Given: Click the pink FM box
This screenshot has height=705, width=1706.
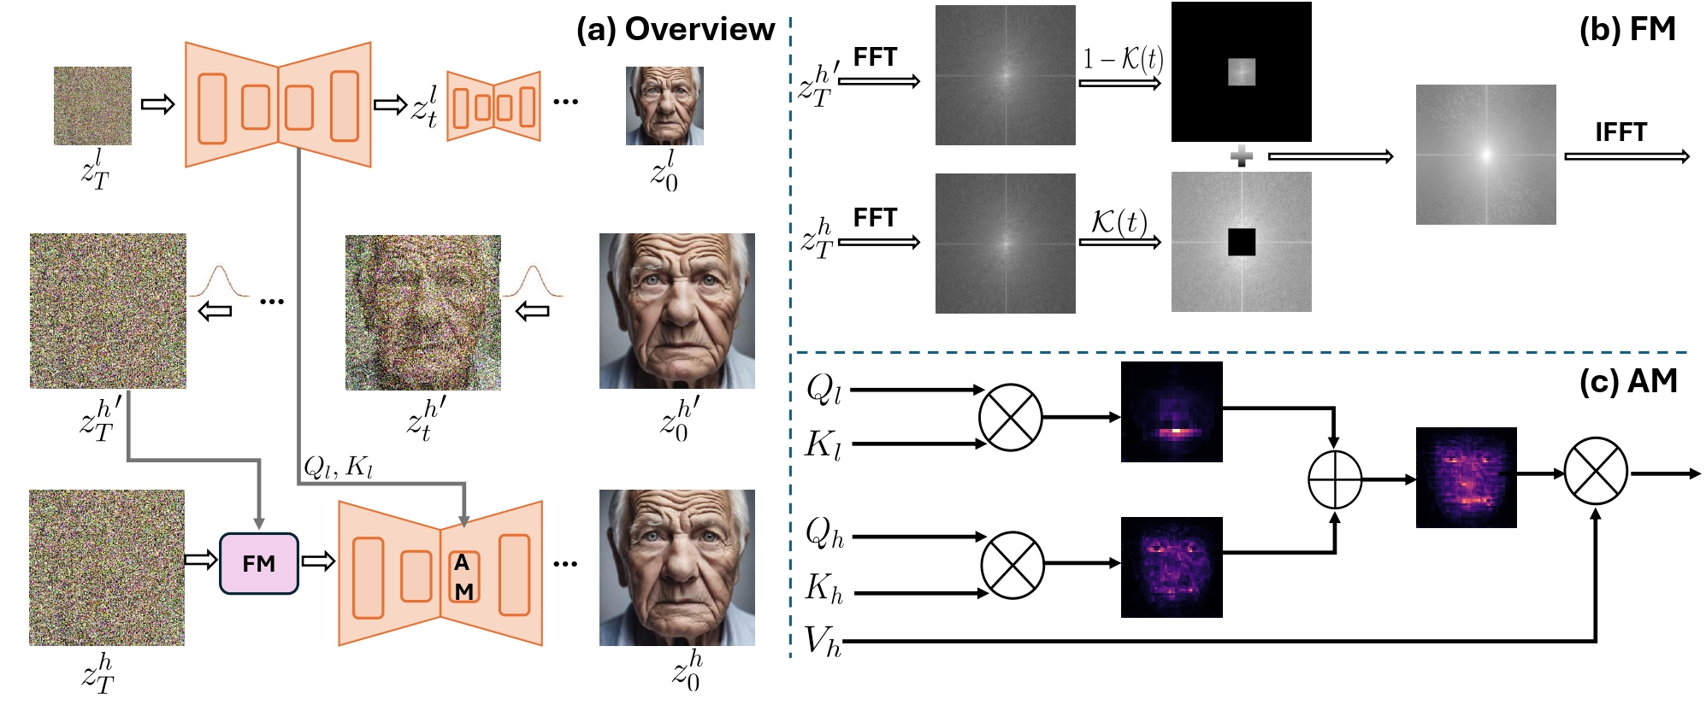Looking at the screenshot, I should coord(258,563).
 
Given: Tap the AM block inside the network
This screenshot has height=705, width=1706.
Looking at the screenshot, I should coord(463,577).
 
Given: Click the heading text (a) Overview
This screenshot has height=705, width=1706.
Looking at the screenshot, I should coord(675,29).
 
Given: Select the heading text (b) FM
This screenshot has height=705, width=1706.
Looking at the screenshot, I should coord(1626,29).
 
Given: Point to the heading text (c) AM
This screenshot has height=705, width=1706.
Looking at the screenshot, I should coord(1627,381).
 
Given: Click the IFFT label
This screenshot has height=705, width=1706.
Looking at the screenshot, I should coord(1620,132).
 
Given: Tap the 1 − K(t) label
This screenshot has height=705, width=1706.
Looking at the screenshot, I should coord(1122,59).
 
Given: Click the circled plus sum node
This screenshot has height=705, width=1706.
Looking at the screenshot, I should coord(1334,479).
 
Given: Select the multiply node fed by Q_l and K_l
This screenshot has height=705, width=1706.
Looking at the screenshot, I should coord(1010,417).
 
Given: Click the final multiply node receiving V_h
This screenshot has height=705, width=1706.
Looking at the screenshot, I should coord(1595,472).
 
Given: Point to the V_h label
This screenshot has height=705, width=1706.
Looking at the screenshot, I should coord(822,641).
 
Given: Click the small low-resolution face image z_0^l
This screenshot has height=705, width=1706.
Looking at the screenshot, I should coord(664,106).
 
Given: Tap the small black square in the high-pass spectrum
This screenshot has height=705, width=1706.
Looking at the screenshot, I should coord(1241,242).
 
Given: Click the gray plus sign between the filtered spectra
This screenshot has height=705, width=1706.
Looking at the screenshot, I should coord(1241,156).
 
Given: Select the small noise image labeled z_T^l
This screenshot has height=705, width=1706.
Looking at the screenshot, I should coord(92,106).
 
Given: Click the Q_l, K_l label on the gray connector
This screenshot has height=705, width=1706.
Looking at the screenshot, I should coord(339,467).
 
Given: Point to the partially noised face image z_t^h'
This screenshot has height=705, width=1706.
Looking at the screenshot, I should coord(422,313).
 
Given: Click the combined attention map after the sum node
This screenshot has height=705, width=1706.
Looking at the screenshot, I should coord(1466,478).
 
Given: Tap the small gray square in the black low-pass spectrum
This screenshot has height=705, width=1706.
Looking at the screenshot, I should coord(1241,72).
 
